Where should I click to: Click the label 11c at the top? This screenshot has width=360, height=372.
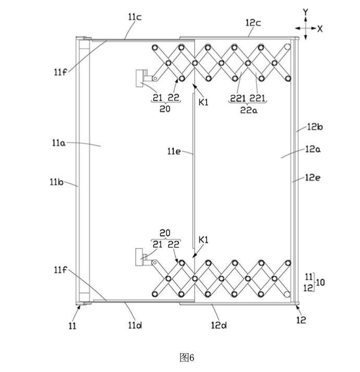point(135,17)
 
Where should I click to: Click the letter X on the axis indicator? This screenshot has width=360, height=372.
point(320,29)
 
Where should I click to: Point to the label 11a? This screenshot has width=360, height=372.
point(59,142)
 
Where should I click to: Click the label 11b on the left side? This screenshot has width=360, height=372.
point(57,182)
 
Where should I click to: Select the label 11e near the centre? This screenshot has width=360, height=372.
point(174,151)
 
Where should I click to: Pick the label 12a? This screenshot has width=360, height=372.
point(313,149)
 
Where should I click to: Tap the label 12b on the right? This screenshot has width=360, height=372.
point(315,126)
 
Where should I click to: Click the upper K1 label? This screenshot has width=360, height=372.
point(203,102)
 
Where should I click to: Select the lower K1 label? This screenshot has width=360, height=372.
point(203,241)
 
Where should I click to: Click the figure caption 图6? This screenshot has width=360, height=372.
point(186,357)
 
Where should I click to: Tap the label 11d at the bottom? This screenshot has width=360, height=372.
point(135,326)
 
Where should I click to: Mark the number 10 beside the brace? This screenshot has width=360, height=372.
point(320,282)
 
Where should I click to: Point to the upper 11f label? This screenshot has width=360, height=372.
point(59,72)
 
